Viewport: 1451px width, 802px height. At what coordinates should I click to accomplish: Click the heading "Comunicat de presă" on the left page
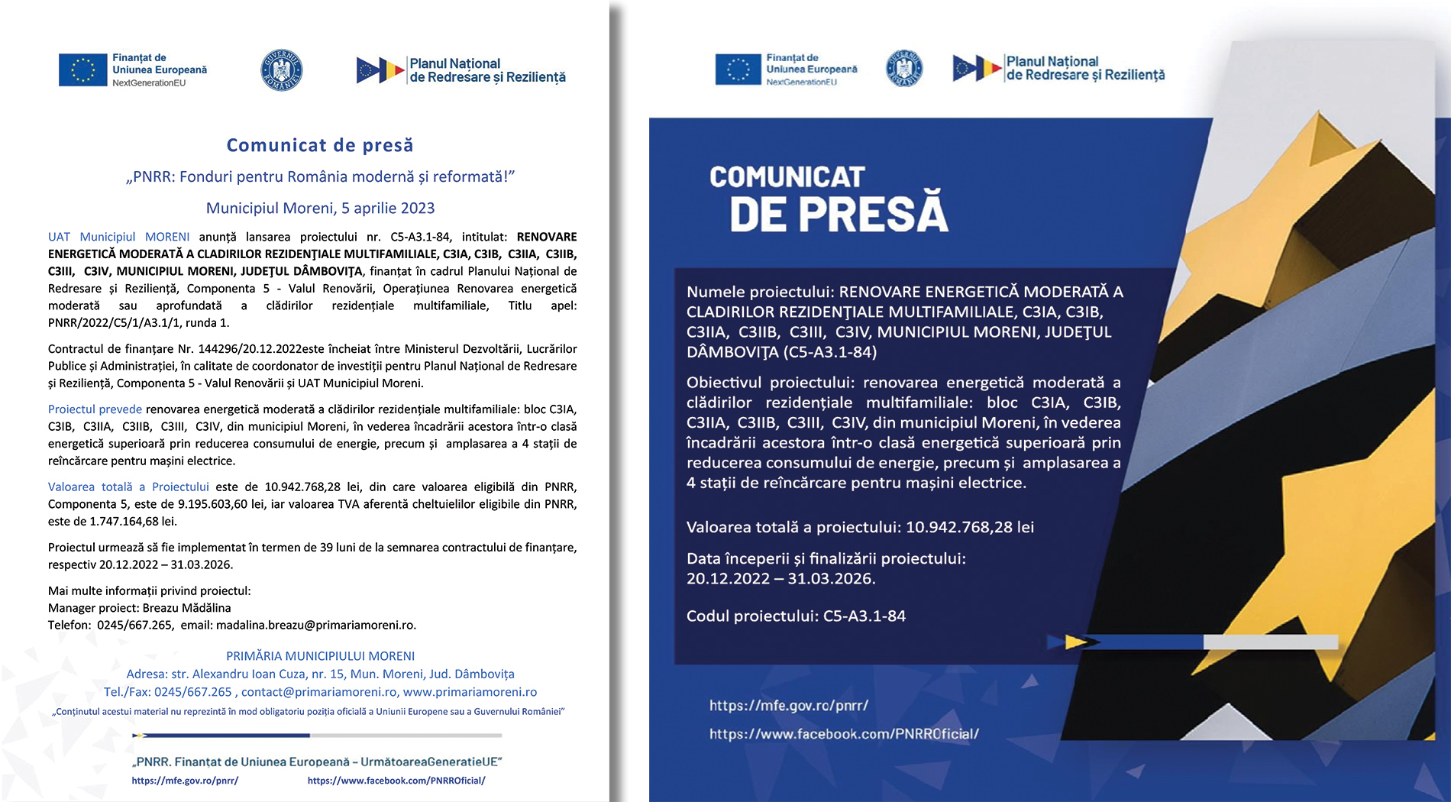319,145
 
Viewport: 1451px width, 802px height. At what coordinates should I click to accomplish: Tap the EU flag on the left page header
82,70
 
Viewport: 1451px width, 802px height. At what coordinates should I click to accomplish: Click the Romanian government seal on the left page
282,70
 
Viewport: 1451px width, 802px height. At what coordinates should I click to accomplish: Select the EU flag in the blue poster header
738,69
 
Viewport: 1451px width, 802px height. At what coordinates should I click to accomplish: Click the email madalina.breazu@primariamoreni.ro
315,625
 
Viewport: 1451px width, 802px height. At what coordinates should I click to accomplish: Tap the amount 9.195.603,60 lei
223,504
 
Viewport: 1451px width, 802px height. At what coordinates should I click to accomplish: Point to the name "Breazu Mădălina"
186,608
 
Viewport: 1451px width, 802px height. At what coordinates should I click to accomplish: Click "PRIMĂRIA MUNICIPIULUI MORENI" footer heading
320,656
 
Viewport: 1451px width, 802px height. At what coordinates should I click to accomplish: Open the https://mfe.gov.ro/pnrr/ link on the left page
185,781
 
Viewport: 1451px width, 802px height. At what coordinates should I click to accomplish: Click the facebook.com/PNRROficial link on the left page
396,781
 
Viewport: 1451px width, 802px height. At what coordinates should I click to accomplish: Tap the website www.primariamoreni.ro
470,692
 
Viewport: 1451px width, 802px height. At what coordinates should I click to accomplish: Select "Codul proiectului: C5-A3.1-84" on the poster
796,616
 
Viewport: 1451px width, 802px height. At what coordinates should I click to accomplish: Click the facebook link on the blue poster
844,734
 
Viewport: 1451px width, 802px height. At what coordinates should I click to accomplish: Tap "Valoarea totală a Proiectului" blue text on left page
128,487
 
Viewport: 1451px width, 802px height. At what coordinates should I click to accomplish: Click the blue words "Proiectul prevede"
95,409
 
